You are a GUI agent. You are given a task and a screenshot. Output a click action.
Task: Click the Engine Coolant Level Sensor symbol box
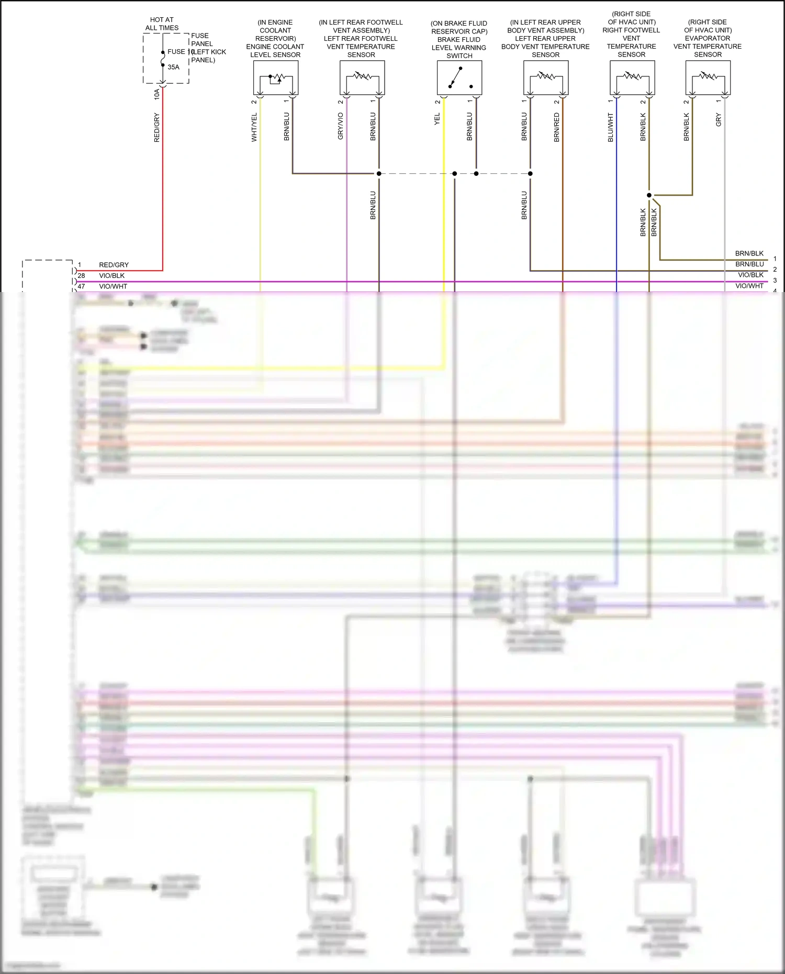276,77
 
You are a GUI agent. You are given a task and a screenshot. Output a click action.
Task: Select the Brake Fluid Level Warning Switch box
459,77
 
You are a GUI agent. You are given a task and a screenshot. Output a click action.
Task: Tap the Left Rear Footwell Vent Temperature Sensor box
362,77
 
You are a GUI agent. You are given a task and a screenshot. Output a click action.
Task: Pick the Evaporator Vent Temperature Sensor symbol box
708,77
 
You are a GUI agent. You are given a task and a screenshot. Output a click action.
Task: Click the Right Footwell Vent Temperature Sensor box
632,77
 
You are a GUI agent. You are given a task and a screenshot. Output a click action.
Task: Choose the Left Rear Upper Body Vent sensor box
546,77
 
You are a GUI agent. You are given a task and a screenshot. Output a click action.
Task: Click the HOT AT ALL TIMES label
162,24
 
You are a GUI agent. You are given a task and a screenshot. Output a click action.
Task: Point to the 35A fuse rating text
173,67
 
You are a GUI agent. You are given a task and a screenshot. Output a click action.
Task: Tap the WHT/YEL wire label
254,127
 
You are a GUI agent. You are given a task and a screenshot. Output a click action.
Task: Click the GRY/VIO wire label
341,126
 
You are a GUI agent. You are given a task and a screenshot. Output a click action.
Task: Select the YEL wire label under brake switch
437,119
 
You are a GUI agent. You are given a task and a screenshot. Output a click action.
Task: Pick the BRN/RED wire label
557,127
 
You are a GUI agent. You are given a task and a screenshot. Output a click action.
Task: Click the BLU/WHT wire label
611,127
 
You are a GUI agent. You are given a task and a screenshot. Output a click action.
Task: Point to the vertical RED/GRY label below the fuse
156,128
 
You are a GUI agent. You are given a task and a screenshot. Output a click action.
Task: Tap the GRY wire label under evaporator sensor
719,120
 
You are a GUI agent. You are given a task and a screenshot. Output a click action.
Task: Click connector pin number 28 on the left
81,275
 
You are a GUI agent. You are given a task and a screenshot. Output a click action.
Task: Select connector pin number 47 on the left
81,286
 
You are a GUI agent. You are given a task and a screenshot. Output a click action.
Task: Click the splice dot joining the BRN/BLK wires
649,195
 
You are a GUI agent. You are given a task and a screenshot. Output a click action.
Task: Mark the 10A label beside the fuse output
156,94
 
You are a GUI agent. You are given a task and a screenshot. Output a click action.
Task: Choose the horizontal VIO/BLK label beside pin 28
112,275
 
